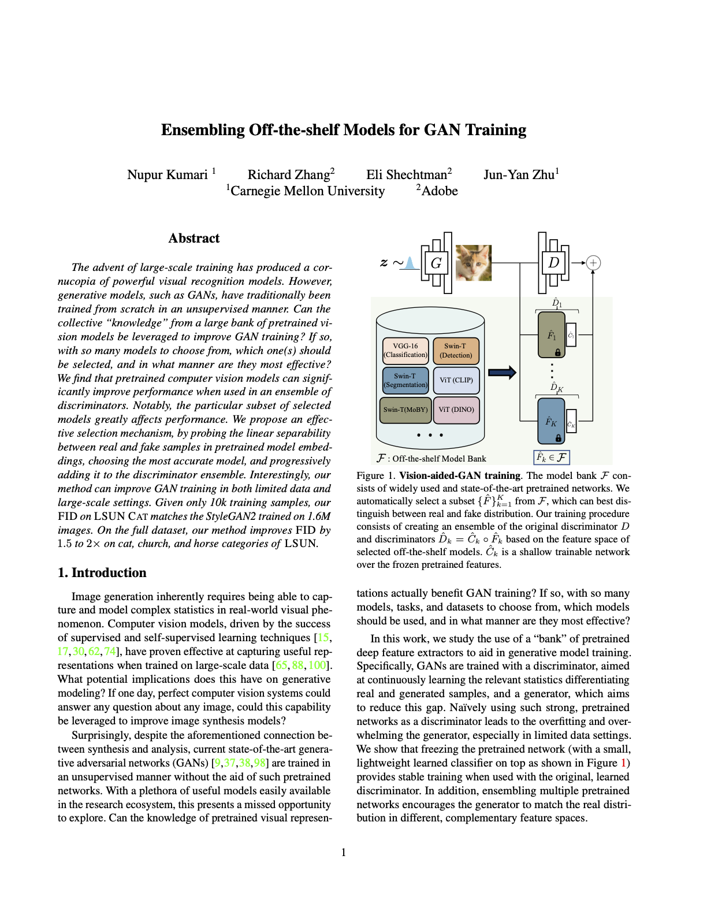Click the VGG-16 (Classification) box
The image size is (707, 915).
pos(405,350)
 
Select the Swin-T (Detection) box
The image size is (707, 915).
pos(456,350)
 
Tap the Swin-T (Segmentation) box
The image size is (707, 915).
pos(405,380)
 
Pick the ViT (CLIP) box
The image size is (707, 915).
pos(456,380)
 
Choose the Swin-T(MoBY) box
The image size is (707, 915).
pos(405,410)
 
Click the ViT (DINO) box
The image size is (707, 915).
pos(456,410)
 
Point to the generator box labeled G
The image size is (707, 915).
pos(436,263)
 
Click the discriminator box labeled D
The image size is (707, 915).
pos(553,263)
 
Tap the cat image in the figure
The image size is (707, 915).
pos(474,263)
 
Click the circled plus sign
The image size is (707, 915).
pos(593,263)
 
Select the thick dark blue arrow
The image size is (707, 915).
pos(502,373)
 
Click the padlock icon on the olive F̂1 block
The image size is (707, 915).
pos(558,352)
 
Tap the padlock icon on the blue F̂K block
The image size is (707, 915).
pos(558,438)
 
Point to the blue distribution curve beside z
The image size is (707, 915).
pos(410,263)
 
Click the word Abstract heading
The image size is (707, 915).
pos(194,238)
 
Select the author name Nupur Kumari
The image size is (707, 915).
pos(168,174)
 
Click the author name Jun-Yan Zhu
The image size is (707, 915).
pos(519,174)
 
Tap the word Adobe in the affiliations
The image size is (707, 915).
pos(439,191)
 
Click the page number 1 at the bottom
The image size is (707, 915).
pos(344,852)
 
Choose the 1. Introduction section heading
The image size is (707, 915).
pos(102,572)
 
